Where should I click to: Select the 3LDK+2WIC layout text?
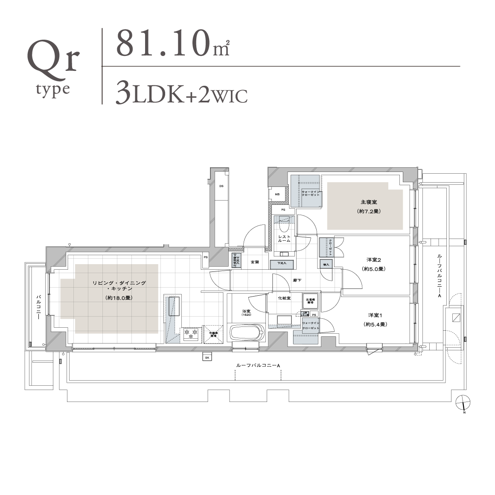[x=182, y=94]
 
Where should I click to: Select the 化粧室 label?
[x=284, y=298]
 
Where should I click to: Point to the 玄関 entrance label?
[x=254, y=262]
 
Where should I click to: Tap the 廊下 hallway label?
[x=297, y=280]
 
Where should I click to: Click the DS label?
[x=221, y=186]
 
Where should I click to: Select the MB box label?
[x=277, y=194]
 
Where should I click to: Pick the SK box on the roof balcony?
[x=207, y=358]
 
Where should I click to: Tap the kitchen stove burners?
[x=190, y=334]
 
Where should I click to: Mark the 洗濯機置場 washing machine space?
[x=310, y=301]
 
